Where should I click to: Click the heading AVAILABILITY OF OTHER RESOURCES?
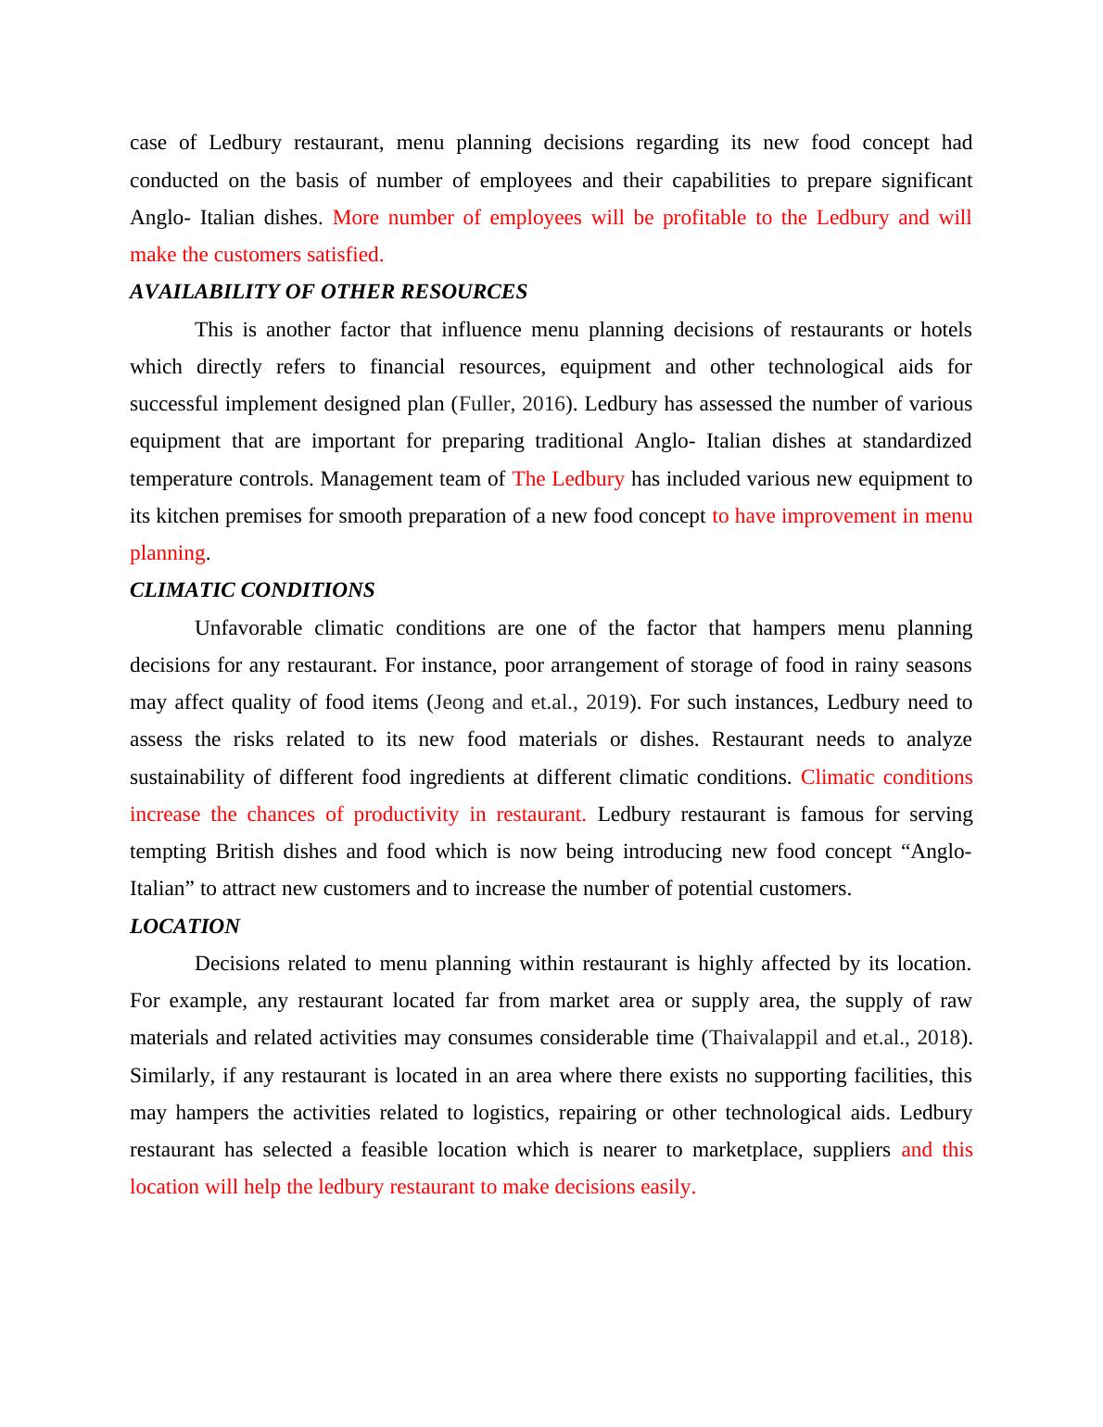tap(328, 292)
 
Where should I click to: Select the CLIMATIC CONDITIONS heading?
tap(252, 590)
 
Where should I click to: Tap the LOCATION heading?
tap(184, 927)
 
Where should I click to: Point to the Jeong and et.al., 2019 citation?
tap(531, 702)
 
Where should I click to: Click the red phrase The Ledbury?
tap(568, 479)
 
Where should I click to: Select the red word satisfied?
tap(345, 255)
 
